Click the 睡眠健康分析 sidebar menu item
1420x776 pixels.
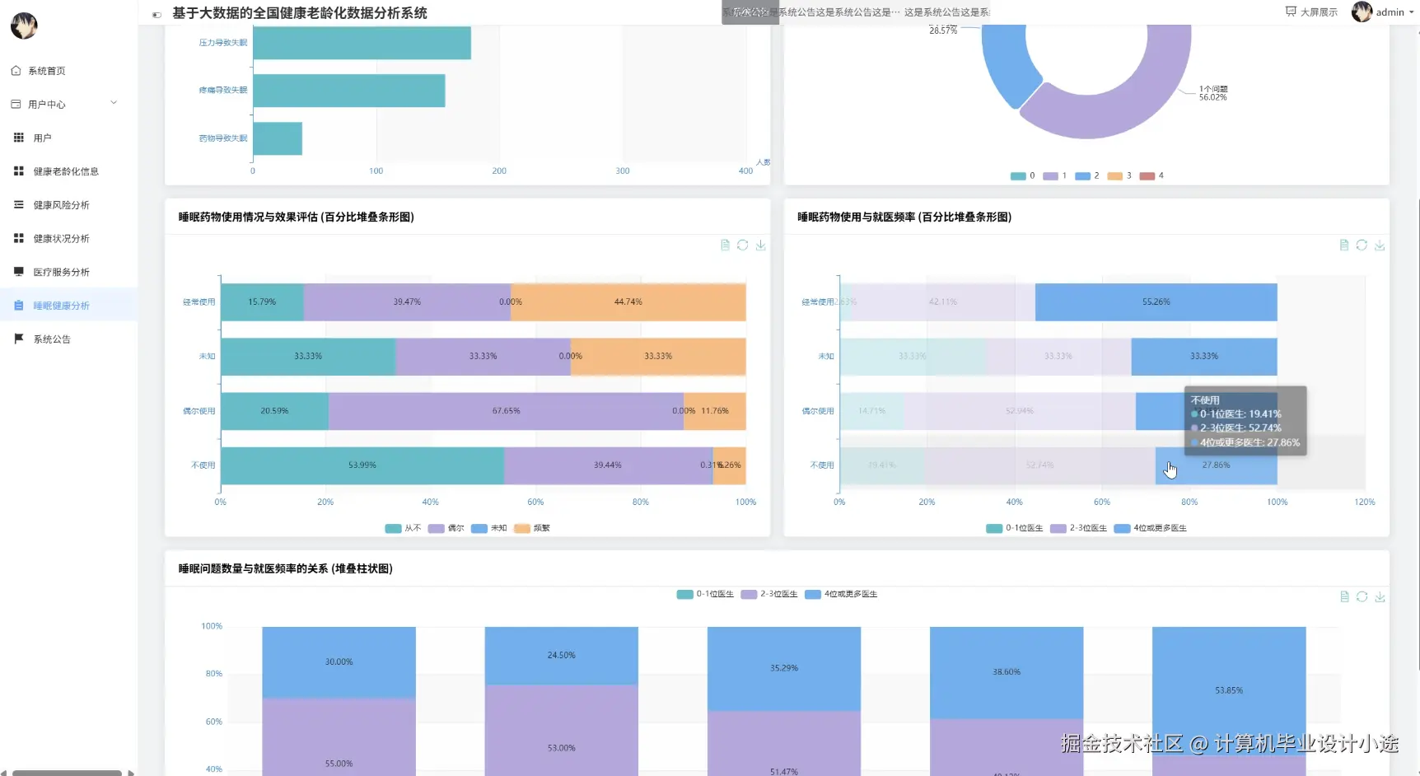61,306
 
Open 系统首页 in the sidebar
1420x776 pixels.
46,71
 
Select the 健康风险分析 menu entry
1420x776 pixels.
61,205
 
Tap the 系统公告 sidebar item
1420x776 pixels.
51,339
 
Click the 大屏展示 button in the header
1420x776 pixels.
1311,12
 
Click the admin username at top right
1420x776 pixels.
1390,12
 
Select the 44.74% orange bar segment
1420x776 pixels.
628,302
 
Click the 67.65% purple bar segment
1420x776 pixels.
506,411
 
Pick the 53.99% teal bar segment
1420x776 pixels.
362,465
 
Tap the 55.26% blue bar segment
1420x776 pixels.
1156,302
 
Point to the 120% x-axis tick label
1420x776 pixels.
1364,502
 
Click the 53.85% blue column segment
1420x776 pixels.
1228,690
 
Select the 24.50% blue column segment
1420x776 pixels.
561,656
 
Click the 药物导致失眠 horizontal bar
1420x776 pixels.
278,138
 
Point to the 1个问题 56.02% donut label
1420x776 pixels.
1212,93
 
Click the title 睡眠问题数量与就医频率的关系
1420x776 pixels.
285,568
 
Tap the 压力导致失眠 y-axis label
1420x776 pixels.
222,43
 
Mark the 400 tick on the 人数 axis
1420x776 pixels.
745,171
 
